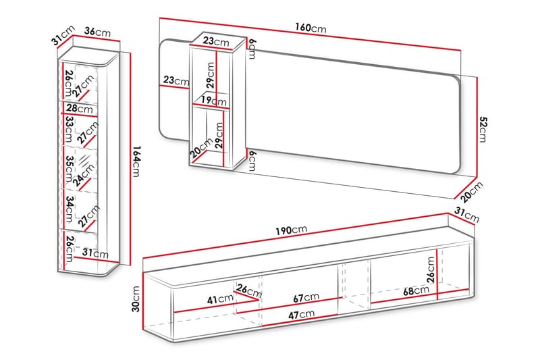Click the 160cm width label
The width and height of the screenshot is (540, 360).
310,28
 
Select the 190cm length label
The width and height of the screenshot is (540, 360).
292,230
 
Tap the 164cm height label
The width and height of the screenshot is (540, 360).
136,161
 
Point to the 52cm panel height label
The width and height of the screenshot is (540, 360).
483,129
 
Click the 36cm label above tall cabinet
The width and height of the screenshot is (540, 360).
97,32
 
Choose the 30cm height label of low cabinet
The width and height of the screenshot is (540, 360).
136,299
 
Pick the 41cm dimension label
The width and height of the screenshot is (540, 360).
221,299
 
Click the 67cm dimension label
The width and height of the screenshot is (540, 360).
306,297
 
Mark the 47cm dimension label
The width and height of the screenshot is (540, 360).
301,314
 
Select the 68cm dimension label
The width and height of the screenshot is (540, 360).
416,290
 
